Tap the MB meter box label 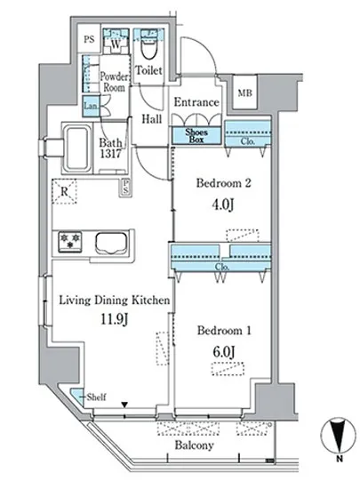[245, 92]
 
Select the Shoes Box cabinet [196, 136]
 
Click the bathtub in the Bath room [77, 148]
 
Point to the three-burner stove [70, 241]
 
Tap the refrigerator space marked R [64, 191]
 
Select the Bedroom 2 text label [223, 183]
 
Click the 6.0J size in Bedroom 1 [223, 352]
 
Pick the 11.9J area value [114, 319]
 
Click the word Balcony [194, 445]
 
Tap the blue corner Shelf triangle [76, 397]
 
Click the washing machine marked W [116, 44]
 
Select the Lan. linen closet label [91, 106]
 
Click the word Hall [152, 119]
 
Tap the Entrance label [196, 102]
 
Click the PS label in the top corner [89, 39]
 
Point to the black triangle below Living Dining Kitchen [124, 405]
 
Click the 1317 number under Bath [110, 154]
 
